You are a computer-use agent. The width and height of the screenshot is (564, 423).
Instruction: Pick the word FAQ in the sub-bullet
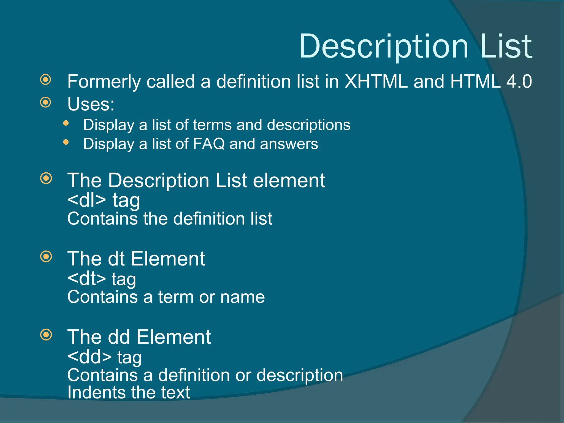pyautogui.click(x=209, y=144)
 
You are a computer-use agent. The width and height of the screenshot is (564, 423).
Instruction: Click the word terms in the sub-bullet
pyautogui.click(x=212, y=125)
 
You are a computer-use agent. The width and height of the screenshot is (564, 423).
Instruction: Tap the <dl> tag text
pyautogui.click(x=86, y=200)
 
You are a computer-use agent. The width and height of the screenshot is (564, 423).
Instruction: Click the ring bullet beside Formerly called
pyautogui.click(x=46, y=80)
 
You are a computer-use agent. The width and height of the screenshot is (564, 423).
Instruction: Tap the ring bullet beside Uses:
pyautogui.click(x=46, y=102)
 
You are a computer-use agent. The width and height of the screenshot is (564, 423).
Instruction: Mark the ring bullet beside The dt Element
pyautogui.click(x=46, y=257)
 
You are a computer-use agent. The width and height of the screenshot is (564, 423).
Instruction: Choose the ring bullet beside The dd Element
pyautogui.click(x=46, y=335)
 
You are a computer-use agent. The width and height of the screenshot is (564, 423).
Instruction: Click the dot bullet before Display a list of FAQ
pyautogui.click(x=66, y=142)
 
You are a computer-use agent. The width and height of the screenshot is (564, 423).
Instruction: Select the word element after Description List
pyautogui.click(x=289, y=181)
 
